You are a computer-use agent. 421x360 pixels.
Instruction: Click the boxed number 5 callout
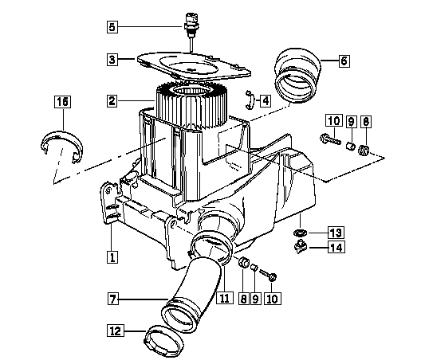click(x=112, y=27)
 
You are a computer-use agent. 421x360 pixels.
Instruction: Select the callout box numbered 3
click(x=112, y=59)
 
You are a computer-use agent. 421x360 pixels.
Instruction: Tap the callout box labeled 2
click(x=112, y=101)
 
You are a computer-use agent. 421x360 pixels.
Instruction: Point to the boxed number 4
click(x=266, y=101)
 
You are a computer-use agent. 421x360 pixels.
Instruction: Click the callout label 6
click(x=344, y=61)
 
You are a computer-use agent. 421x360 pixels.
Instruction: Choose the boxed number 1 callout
click(x=112, y=257)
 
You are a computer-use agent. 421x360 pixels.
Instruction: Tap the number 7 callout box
click(x=113, y=299)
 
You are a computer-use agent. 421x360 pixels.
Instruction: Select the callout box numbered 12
click(x=116, y=331)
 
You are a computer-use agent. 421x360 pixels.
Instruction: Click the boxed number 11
click(x=225, y=298)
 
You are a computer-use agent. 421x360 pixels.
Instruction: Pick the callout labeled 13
click(x=336, y=233)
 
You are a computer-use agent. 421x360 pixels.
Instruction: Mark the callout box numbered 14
click(x=336, y=247)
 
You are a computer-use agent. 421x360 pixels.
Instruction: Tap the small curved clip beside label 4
click(x=250, y=100)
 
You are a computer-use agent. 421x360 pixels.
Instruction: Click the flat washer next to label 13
click(x=299, y=233)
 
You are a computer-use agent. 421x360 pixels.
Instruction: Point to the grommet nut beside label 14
click(x=300, y=247)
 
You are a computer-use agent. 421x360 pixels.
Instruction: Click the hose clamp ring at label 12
click(x=164, y=340)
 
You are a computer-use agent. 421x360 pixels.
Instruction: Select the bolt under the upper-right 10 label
click(x=331, y=139)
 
